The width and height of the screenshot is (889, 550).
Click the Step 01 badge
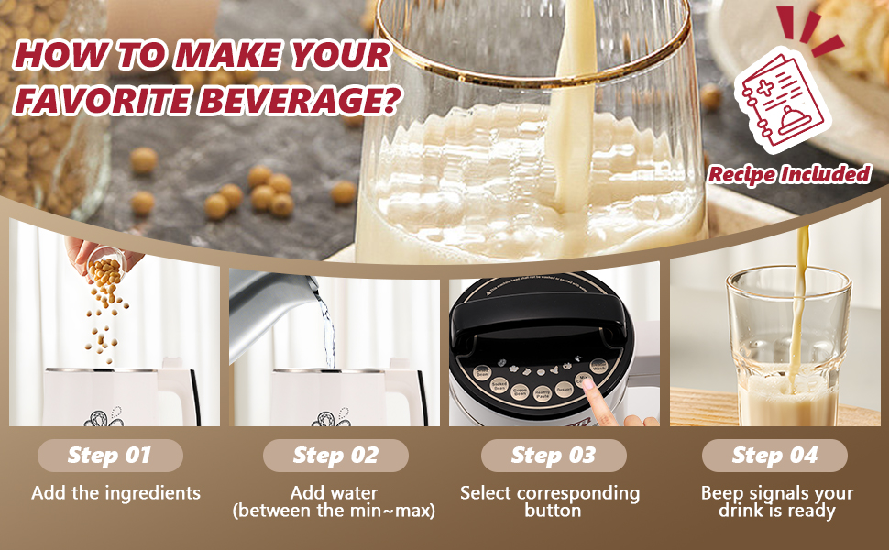pos(110,456)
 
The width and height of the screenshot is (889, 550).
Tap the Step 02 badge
pos(335,456)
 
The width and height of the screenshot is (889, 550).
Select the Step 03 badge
pos(554,456)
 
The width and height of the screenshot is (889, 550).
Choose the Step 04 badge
pos(774,456)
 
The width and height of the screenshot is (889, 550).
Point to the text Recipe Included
pos(789,174)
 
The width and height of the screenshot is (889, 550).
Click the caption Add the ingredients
pos(115,493)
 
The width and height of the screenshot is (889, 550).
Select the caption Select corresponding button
pos(550,501)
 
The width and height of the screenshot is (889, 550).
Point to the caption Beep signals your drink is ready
pos(776,502)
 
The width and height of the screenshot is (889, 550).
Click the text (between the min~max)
pos(334,511)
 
